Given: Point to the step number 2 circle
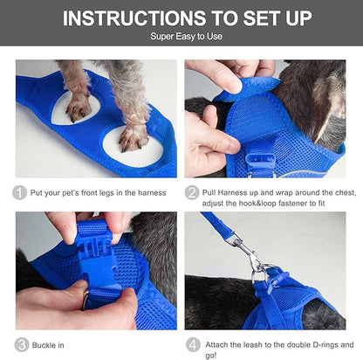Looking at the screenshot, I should pyautogui.click(x=192, y=192).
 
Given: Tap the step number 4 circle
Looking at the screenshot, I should pyautogui.click(x=192, y=344).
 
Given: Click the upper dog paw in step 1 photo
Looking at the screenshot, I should pyautogui.click(x=78, y=105).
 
